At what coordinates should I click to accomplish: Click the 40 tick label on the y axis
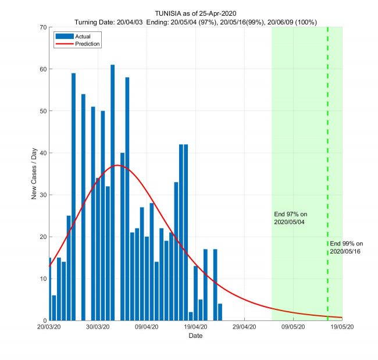tap(42, 153)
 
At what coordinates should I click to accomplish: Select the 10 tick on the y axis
tap(42, 279)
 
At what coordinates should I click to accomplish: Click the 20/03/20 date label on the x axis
tap(49, 327)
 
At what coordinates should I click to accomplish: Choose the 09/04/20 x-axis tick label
tap(147, 327)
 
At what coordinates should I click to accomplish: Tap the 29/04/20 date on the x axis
tap(244, 327)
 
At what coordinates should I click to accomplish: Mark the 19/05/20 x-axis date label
tap(342, 327)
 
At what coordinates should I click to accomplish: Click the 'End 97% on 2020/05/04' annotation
tap(290, 218)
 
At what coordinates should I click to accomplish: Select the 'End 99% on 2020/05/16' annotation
tap(346, 247)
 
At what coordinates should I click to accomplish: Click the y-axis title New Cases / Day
tap(34, 174)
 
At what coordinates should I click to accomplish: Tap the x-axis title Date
tap(195, 336)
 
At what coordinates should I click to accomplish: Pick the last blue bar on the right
tap(220, 312)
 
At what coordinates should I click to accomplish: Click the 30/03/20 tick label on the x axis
tap(98, 327)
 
